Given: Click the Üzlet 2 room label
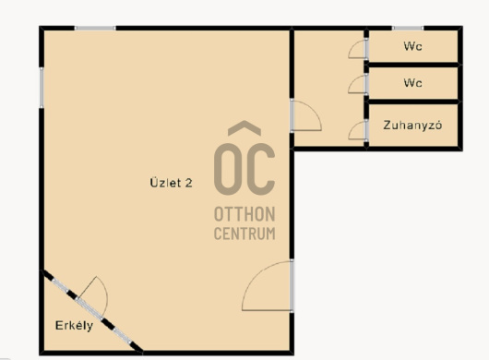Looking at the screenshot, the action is click(x=171, y=183).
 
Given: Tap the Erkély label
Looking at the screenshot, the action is click(x=74, y=325).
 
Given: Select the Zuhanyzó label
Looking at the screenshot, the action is click(x=412, y=125).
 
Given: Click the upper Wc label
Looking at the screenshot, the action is click(x=412, y=46).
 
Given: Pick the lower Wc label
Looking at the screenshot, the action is click(x=412, y=83).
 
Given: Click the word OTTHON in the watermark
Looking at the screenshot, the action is click(x=244, y=214).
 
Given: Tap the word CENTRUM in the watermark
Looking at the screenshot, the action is click(x=244, y=234).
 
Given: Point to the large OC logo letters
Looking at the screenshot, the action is click(x=244, y=169).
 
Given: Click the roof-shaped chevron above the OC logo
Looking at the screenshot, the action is click(x=244, y=127).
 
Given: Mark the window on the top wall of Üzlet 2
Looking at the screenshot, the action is click(x=95, y=28).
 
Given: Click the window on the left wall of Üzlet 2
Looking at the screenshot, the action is click(x=42, y=88).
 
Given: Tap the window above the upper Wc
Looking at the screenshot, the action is click(x=408, y=28).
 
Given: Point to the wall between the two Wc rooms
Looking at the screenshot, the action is click(x=413, y=65).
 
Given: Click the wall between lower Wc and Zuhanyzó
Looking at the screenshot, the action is click(x=413, y=102).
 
